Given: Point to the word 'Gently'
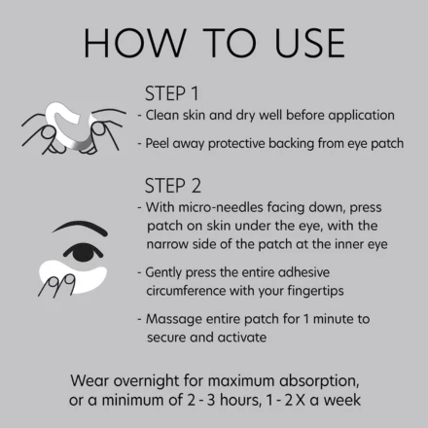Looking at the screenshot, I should coord(167,272).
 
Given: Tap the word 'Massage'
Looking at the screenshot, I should coord(173,318).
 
